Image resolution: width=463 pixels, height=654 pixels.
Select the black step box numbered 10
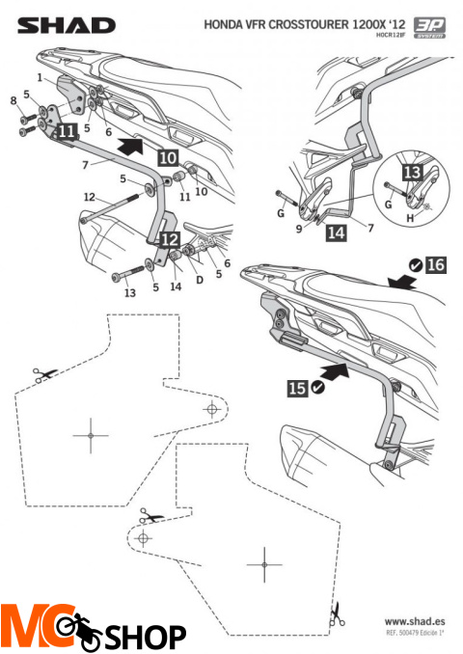coord(166,154)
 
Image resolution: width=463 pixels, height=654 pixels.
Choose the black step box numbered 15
coord(298,387)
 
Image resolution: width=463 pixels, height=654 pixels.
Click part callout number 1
coord(40,76)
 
